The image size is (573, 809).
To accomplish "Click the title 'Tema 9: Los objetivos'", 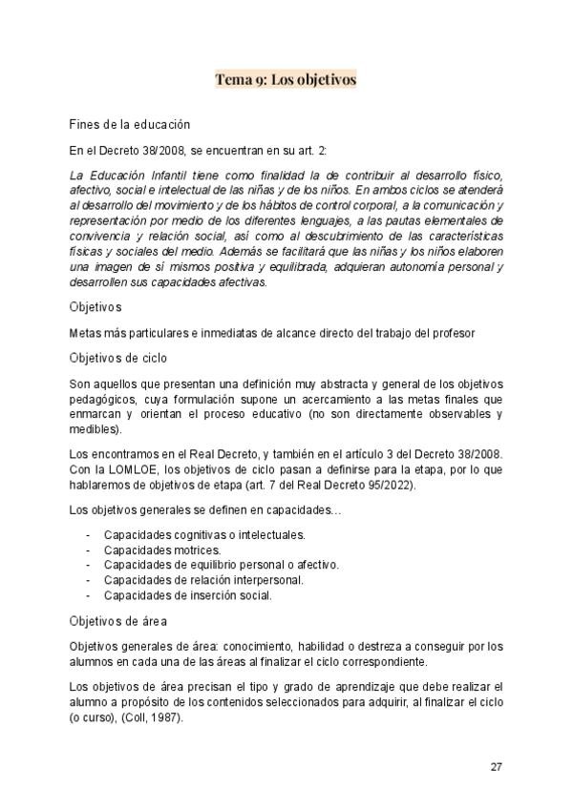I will click(x=286, y=79).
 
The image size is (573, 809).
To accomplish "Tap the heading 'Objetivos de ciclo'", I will click(x=118, y=358).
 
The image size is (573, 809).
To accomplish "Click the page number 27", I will click(x=496, y=766).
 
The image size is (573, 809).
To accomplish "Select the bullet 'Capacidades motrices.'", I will click(x=162, y=550).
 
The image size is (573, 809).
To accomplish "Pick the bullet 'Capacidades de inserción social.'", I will click(x=188, y=595).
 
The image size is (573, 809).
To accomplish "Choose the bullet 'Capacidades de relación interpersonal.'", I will click(x=203, y=580).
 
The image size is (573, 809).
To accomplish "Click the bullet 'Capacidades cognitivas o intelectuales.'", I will click(x=204, y=535).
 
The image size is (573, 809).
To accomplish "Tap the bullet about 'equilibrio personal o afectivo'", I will click(x=221, y=565).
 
